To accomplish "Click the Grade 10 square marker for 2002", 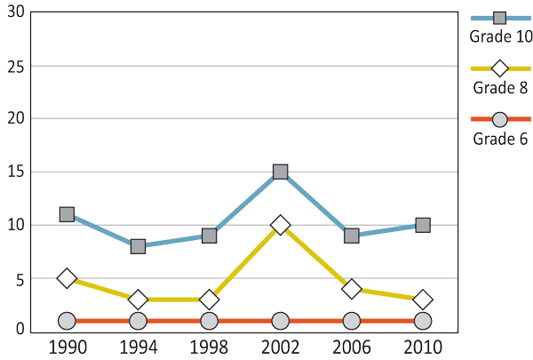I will (x=281, y=172).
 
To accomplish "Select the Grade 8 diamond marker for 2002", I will (x=281, y=225).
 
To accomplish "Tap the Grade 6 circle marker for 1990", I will (x=67, y=321).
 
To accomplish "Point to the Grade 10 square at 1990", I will (x=67, y=214).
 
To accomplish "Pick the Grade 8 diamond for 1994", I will (x=138, y=300).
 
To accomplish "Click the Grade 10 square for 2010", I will (x=423, y=225).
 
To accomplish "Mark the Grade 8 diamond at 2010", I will (x=423, y=300).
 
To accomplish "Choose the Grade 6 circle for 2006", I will (x=352, y=321).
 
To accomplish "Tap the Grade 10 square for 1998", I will (x=209, y=236).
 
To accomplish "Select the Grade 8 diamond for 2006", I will (x=352, y=289).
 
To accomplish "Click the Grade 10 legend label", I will (x=500, y=36).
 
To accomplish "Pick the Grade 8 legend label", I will (x=500, y=87).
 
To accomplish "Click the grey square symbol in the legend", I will (x=499, y=18).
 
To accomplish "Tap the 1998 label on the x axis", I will (x=209, y=345).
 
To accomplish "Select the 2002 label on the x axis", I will (x=281, y=345).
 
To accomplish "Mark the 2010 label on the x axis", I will (x=423, y=345).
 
